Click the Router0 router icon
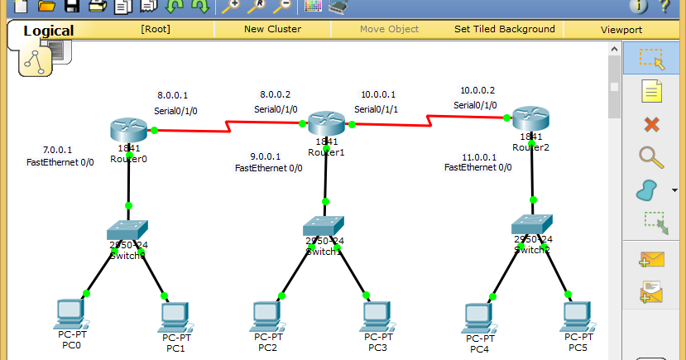127,130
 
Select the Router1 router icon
326,124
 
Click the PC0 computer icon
70,313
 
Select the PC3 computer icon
377,315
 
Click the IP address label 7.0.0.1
57,150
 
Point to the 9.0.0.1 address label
266,156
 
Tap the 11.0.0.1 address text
480,156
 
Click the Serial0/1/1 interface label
377,108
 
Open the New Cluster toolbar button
272,29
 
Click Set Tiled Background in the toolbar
505,29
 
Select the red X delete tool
651,124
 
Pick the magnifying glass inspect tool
651,157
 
